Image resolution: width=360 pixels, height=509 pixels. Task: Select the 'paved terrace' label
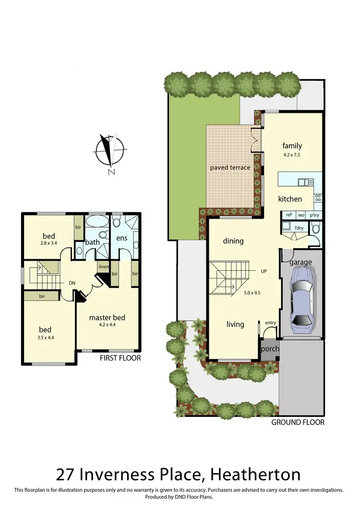tap(230, 168)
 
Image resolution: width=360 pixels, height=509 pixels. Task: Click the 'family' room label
tap(292, 146)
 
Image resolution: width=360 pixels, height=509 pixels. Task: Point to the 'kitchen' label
tap(290, 199)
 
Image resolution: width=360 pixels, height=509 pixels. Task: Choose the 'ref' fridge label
tap(288, 216)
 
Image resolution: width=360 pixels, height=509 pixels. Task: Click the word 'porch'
tap(270, 349)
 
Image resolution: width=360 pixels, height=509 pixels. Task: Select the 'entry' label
tap(270, 323)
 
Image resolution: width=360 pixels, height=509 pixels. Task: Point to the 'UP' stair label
tap(264, 271)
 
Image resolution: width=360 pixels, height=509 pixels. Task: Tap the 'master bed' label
tap(107, 317)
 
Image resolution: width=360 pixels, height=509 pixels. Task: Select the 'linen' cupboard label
tap(104, 267)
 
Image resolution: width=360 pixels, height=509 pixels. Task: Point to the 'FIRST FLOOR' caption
tap(120, 358)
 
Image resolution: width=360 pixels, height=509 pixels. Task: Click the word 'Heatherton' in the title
tap(252, 474)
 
